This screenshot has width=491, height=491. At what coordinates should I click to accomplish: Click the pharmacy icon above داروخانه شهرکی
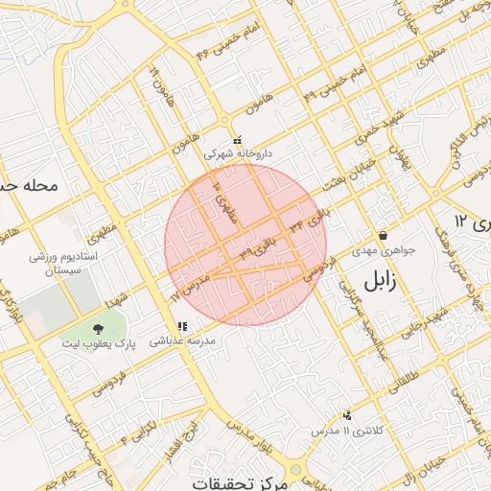(x=237, y=140)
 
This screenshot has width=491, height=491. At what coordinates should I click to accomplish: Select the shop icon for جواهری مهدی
(x=383, y=235)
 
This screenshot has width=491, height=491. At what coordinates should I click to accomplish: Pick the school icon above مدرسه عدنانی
(x=182, y=327)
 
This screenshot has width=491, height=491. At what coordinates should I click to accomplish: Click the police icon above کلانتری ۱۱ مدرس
(x=346, y=415)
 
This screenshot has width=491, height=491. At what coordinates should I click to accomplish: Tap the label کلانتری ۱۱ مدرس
(x=346, y=432)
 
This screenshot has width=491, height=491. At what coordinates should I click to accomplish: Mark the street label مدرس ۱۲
(x=189, y=287)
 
